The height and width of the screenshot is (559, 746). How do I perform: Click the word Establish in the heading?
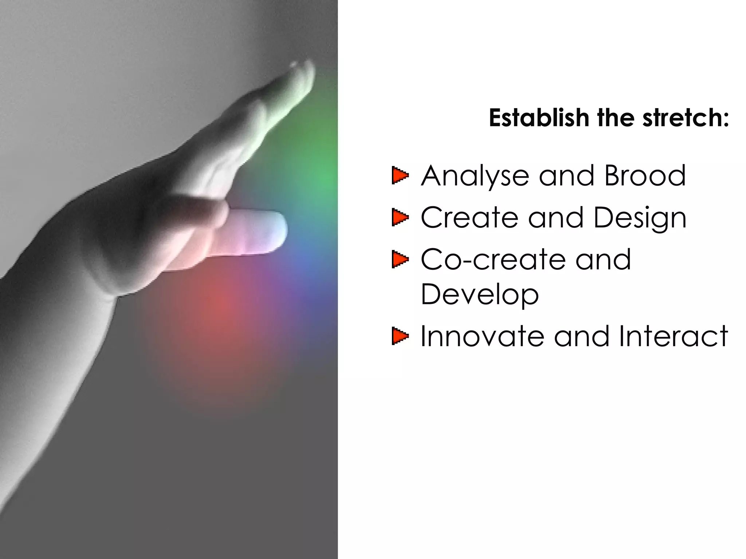[539, 118]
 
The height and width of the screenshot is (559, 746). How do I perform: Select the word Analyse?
[475, 177]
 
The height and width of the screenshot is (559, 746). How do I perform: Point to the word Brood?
[645, 176]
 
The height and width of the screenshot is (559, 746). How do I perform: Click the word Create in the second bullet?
[469, 218]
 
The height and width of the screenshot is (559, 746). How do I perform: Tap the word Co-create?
[493, 259]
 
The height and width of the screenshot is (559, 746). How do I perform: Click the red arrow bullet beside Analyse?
[400, 176]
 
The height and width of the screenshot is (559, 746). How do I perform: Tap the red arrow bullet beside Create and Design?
[400, 218]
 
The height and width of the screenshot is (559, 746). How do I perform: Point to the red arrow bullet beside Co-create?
[400, 259]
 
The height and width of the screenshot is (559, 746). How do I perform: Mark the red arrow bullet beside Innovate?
[400, 336]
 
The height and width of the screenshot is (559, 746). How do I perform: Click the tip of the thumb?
[277, 229]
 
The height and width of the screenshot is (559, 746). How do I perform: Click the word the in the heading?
[615, 118]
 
